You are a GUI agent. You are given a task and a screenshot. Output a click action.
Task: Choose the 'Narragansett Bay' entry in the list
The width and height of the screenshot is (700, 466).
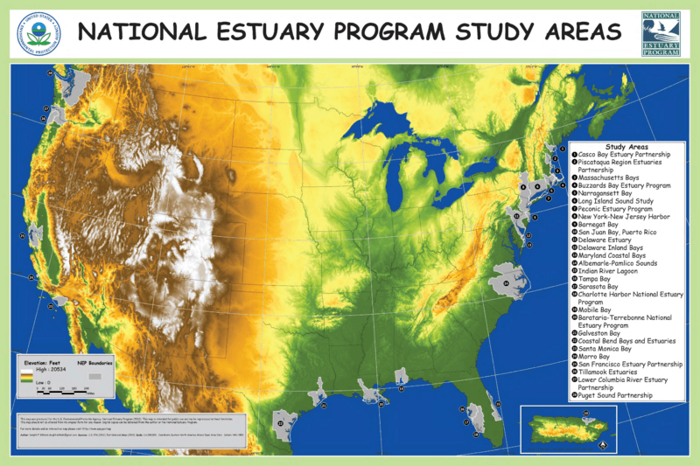pyautogui.click(x=612, y=193)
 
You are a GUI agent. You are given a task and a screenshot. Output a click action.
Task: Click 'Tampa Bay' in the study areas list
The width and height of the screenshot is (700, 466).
pyautogui.click(x=598, y=278)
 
